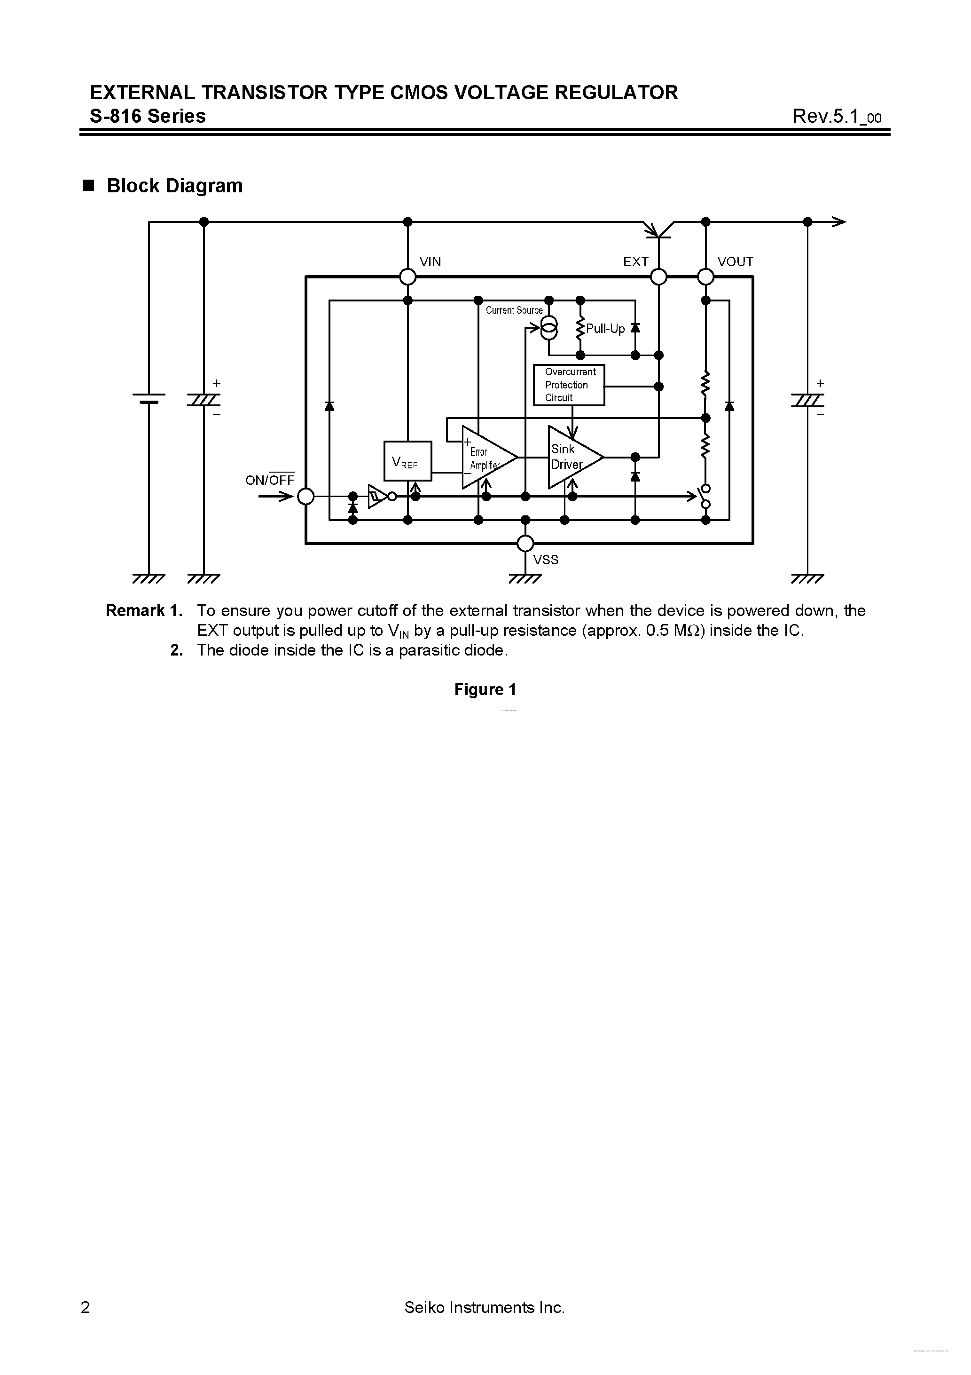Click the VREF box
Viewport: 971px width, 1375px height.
(x=407, y=460)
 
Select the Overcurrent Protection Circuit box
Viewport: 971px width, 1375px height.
(x=568, y=385)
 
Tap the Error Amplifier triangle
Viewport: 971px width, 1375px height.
(x=486, y=458)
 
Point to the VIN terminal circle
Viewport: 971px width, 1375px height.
(x=407, y=277)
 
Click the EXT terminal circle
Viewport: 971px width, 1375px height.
(x=658, y=277)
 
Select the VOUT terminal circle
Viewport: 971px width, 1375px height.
(x=706, y=277)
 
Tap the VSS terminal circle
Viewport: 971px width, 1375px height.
(x=525, y=543)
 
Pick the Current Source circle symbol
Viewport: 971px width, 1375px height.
(x=549, y=328)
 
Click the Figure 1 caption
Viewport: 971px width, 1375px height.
(x=485, y=689)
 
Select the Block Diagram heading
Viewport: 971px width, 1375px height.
(x=174, y=186)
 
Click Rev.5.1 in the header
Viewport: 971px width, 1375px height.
(x=836, y=116)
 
